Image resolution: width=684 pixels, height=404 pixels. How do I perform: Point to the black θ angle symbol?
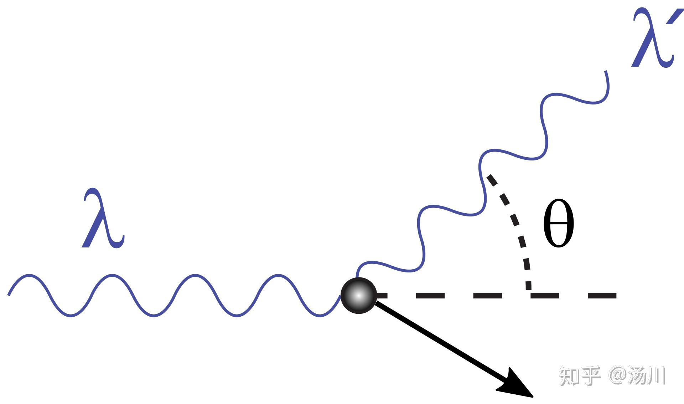(558, 224)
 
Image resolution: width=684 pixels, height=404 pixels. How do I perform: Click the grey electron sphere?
(358, 296)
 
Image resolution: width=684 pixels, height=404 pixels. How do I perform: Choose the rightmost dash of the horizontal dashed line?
(602, 295)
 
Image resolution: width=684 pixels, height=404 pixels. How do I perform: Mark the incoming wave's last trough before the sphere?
(320, 315)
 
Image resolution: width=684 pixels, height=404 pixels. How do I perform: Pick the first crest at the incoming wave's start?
(29, 275)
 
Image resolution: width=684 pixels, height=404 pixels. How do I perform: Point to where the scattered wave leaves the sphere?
(357, 276)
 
